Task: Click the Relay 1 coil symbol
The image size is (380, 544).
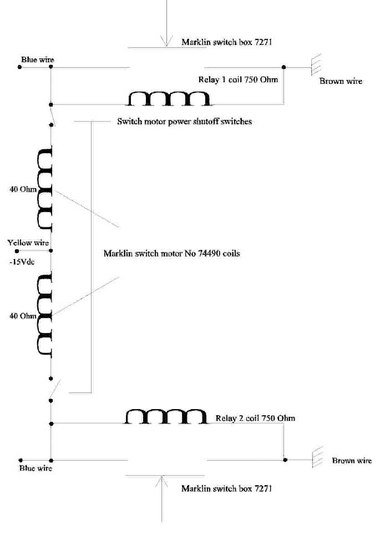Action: tap(169, 98)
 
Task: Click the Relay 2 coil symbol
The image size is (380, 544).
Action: tap(166, 416)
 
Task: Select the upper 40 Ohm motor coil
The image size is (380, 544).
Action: tap(45, 189)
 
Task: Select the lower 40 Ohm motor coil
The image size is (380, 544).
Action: tap(45, 315)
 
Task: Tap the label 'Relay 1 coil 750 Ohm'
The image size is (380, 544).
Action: tap(238, 80)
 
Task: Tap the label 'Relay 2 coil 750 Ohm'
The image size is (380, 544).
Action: tap(255, 418)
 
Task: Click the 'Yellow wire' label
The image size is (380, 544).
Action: tap(28, 243)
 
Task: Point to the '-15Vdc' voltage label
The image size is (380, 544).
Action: tap(22, 262)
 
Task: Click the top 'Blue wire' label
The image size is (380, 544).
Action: tap(38, 60)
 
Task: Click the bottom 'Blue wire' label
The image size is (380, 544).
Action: tap(36, 468)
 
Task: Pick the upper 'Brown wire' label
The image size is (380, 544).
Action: tap(341, 81)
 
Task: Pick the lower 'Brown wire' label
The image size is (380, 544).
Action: tap(352, 460)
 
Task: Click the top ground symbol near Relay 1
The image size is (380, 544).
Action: tap(316, 64)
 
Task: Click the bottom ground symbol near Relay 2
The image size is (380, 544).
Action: tap(317, 457)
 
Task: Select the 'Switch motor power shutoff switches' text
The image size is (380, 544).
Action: tap(184, 122)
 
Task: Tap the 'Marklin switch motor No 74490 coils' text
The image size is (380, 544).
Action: tap(171, 253)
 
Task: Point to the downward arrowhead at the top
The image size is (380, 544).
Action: tap(167, 41)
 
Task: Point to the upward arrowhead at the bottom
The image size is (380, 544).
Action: tap(161, 482)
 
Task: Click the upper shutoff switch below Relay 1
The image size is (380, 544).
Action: tap(51, 115)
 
